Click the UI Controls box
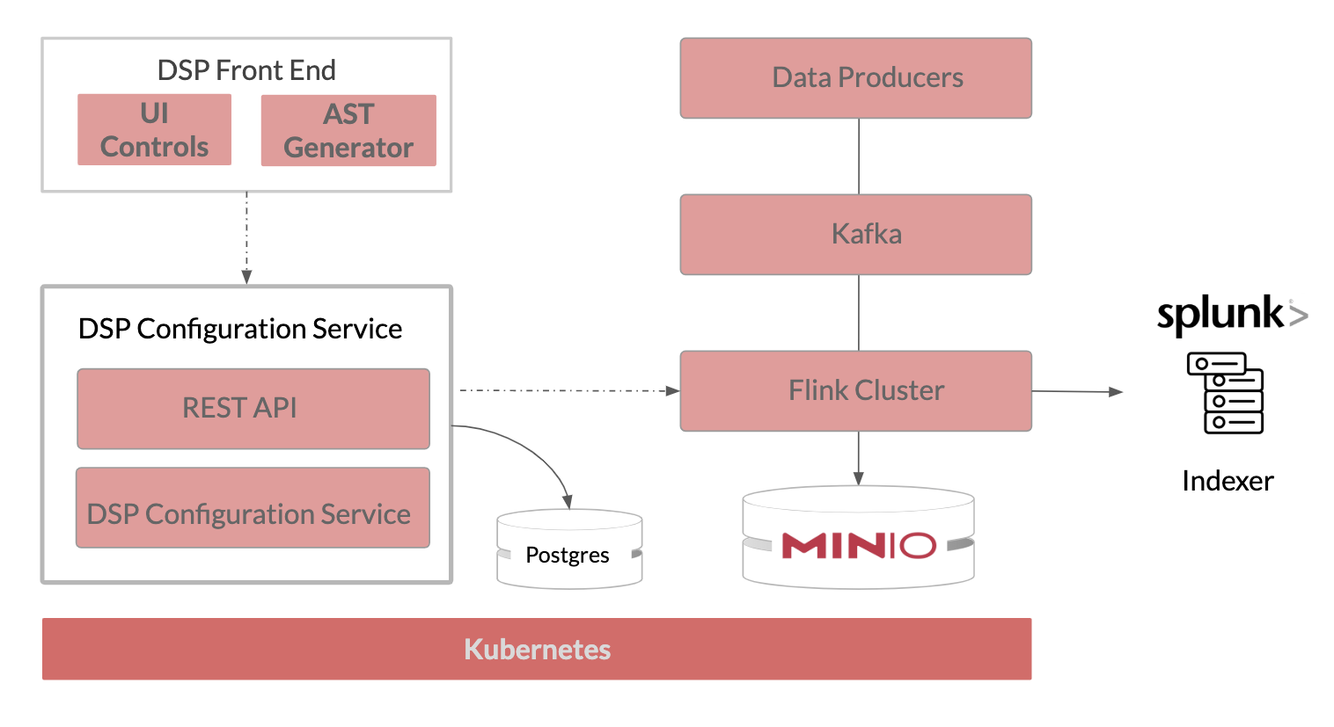(x=154, y=130)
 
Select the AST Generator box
(x=348, y=131)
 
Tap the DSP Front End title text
(x=246, y=70)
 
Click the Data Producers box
(x=855, y=78)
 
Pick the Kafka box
(x=855, y=235)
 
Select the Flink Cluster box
(x=855, y=391)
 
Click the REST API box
(x=253, y=409)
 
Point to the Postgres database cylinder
(x=569, y=550)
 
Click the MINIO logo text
(x=858, y=546)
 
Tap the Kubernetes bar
(x=537, y=649)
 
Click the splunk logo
(x=1231, y=314)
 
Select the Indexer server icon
(x=1225, y=393)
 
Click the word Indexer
(x=1228, y=481)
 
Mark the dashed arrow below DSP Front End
(x=246, y=237)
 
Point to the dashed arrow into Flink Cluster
(x=568, y=389)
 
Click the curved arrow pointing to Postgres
(x=533, y=448)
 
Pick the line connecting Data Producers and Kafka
(x=859, y=156)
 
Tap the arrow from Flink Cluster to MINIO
(x=859, y=457)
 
